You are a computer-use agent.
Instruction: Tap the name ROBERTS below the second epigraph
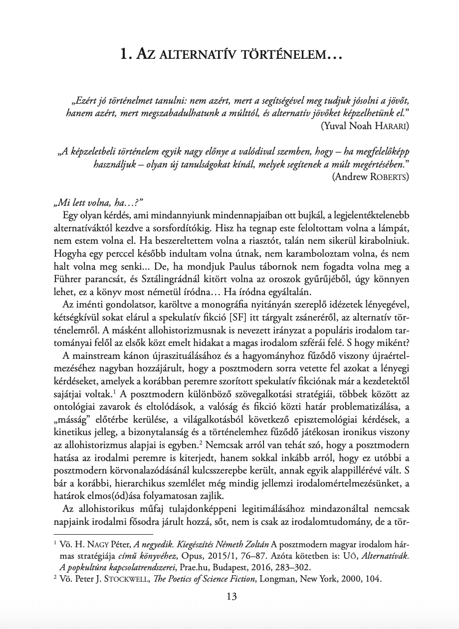(389, 176)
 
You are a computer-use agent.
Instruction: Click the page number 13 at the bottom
(231, 597)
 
